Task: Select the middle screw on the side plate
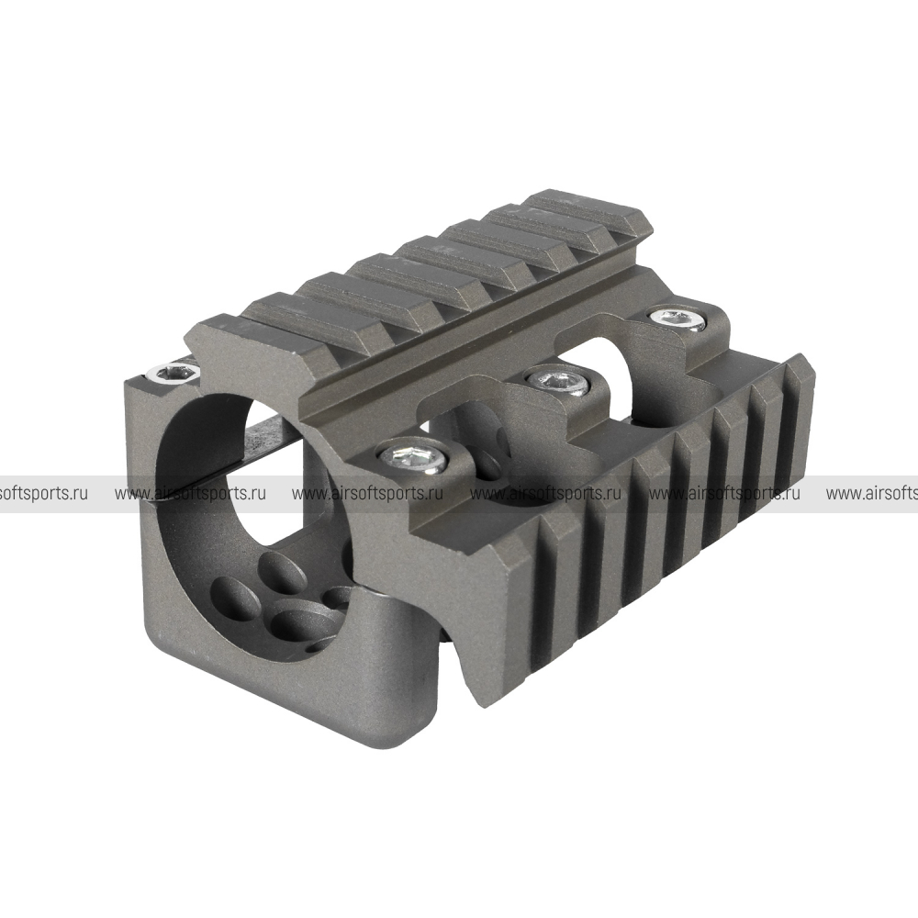pyautogui.click(x=557, y=381)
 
